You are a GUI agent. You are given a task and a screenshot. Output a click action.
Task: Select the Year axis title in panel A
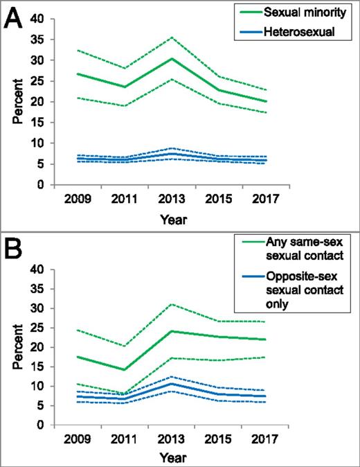(x=171, y=218)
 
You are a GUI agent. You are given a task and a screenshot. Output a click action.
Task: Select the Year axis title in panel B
(x=171, y=457)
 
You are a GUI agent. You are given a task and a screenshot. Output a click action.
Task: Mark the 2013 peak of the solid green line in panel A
(x=171, y=58)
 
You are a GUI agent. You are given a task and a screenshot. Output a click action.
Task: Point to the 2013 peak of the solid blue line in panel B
(x=171, y=383)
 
